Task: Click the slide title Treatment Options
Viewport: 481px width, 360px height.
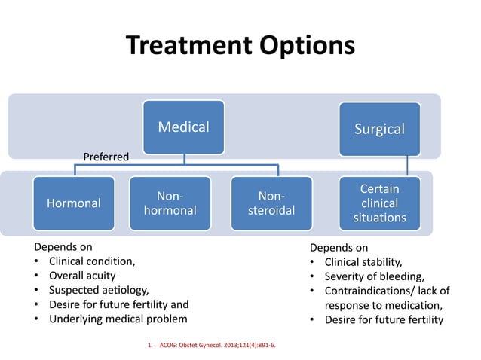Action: (240, 46)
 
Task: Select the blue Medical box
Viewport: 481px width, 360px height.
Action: (184, 127)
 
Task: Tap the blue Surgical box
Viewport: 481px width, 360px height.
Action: (379, 129)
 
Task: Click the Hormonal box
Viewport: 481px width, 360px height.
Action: (74, 203)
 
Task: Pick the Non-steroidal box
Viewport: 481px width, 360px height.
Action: (271, 203)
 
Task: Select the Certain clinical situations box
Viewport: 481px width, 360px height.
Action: (379, 203)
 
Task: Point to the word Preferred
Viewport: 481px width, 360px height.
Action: (106, 157)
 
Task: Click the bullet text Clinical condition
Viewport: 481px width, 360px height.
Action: (92, 261)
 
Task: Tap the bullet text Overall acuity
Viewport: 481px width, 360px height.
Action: (82, 276)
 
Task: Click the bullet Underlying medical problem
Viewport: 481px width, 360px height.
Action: (112, 319)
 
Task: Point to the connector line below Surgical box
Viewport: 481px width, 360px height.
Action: (408, 166)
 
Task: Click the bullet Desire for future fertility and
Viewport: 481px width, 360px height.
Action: (118, 304)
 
